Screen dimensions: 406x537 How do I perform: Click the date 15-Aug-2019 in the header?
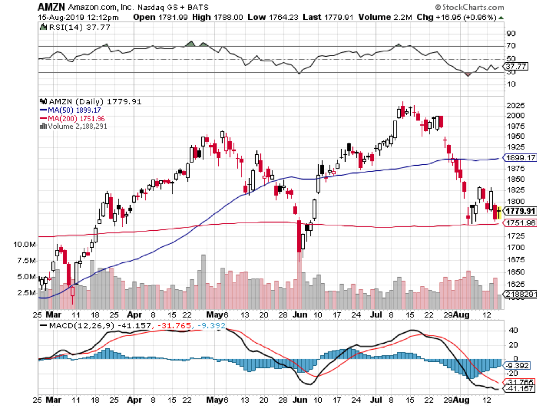tap(62, 17)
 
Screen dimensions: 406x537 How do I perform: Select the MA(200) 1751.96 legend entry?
tap(74, 118)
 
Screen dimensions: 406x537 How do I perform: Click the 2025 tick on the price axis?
tap(515, 105)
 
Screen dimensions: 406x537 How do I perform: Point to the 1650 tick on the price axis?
tap(515, 272)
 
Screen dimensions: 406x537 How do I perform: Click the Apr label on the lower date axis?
tap(134, 315)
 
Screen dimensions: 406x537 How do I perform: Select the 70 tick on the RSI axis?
tap(511, 46)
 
